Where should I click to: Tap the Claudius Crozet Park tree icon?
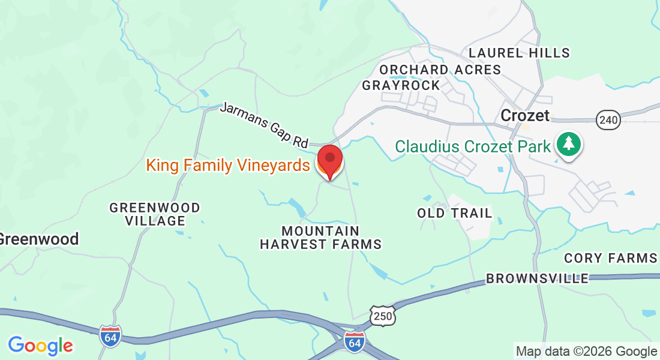pos(568,144)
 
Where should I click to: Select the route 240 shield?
pos(608,120)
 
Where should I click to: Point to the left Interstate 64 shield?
pos(110,335)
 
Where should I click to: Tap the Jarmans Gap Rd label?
pos(263,125)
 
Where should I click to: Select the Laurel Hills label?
pos(519,53)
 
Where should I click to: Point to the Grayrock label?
pos(401,85)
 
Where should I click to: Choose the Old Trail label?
pos(455,213)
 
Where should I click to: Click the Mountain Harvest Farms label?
pos(320,238)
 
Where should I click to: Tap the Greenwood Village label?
pos(155,214)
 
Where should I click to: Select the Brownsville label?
pos(537,278)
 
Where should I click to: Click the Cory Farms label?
pos(611,259)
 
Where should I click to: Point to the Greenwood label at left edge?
pos(38,239)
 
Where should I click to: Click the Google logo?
pos(41,346)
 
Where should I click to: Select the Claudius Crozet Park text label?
pos(472,146)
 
